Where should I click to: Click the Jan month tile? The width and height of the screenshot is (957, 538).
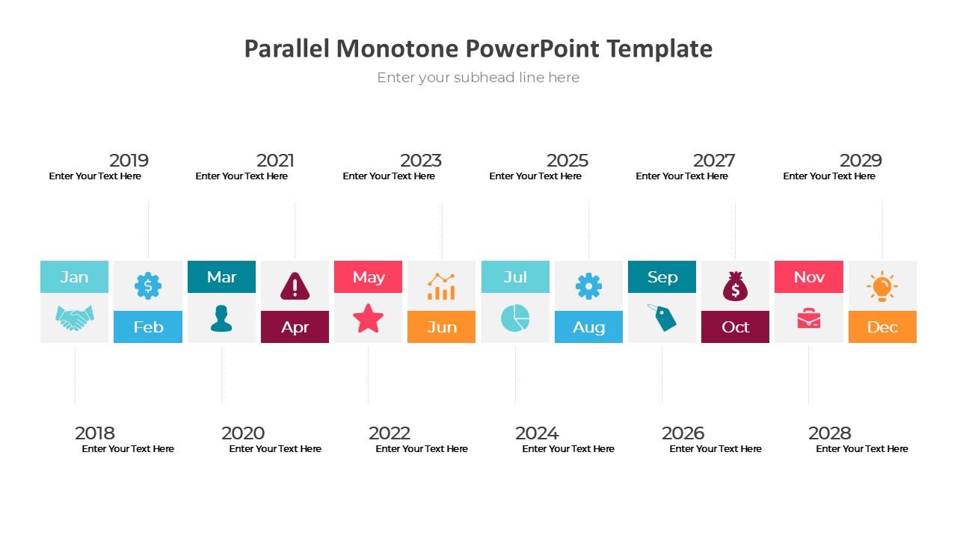click(74, 276)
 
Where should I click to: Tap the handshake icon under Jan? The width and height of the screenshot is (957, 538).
click(74, 318)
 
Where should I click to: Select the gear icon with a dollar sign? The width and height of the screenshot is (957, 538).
click(148, 285)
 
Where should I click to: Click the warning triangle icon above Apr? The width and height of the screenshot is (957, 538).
click(295, 285)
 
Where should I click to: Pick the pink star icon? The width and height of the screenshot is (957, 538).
click(369, 318)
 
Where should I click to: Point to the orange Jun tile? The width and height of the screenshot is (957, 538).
click(441, 327)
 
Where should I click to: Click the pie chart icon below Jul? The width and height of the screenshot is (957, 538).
click(515, 318)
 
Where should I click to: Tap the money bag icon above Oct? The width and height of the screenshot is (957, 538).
click(735, 286)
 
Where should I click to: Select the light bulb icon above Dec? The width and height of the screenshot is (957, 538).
click(882, 286)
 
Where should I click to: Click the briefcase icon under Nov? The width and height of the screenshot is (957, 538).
click(809, 318)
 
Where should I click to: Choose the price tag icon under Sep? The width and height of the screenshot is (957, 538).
click(662, 318)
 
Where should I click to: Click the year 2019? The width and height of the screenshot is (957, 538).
click(129, 161)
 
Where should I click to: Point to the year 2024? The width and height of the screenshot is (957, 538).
click(537, 433)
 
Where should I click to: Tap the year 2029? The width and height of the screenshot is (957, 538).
click(861, 161)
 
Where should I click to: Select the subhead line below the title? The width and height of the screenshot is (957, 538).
click(478, 77)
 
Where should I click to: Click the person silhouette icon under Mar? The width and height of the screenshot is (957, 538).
click(221, 318)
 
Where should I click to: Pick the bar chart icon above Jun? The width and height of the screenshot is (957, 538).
click(441, 286)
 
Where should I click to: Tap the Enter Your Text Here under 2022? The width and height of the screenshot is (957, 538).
click(422, 449)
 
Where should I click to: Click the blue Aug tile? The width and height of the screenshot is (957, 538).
click(588, 327)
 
